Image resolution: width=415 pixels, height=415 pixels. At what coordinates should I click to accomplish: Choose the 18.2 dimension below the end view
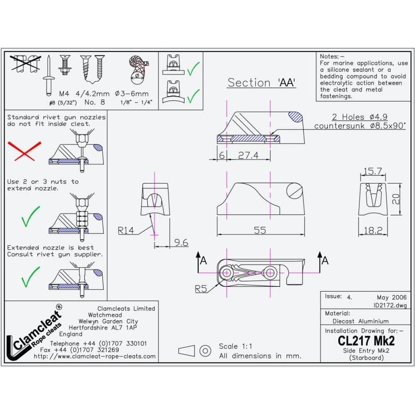(373, 229)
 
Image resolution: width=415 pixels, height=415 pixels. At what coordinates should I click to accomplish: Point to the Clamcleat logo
(36, 332)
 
